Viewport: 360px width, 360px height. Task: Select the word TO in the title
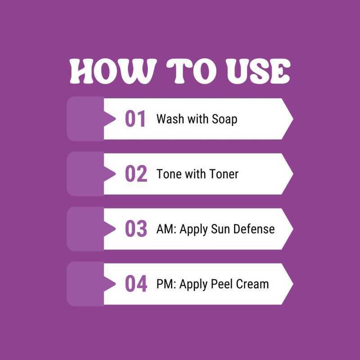click(x=188, y=71)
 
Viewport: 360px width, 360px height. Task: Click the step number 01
click(x=135, y=119)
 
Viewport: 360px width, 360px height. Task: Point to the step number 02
click(x=136, y=174)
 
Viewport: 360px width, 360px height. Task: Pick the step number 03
click(x=136, y=229)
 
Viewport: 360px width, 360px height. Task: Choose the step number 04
click(x=136, y=284)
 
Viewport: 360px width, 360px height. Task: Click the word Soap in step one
click(x=224, y=119)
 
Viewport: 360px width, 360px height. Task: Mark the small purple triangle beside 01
click(x=110, y=119)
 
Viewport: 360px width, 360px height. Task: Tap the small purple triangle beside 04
click(x=110, y=284)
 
